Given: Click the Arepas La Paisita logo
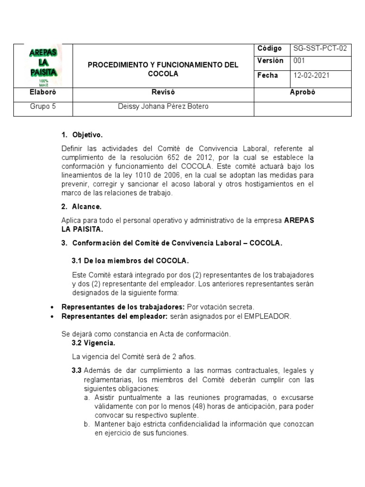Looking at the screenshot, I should coord(43,65).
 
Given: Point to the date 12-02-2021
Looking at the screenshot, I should coord(311,76).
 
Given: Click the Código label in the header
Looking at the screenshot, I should coord(269,49).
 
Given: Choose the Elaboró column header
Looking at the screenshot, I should coord(43,92).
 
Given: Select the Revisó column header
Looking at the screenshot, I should coord(163,92).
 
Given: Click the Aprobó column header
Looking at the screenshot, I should coord(302,92).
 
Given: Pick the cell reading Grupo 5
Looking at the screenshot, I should coord(43,107).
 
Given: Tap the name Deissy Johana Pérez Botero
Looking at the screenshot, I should coord(163,107).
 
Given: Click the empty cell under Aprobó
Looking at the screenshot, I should coord(302,109).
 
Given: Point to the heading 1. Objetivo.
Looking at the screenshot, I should coord(82,135).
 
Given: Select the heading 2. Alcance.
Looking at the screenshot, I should coord(81,207).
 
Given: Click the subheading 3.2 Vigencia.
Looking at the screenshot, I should coord(93,343).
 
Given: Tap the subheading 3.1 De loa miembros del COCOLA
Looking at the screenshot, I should coord(130,261).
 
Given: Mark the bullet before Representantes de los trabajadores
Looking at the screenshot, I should coord(52,307).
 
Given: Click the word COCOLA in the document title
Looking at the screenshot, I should coord(163,74).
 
